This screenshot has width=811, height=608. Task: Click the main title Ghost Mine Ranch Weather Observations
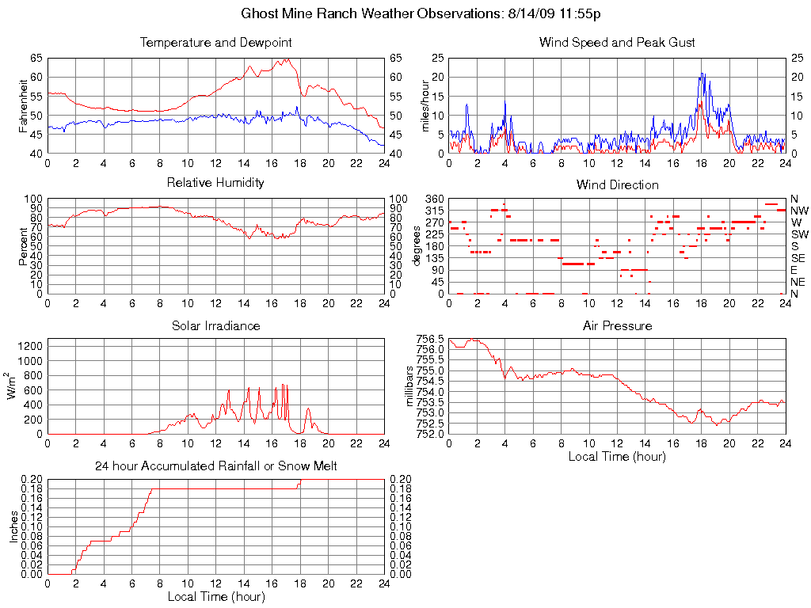(x=421, y=13)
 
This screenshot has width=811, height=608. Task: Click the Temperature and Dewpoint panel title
(x=215, y=42)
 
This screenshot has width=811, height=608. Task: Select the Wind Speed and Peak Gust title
(x=617, y=42)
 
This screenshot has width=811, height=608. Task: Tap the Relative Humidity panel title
(x=215, y=183)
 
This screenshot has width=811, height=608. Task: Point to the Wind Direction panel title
(x=617, y=184)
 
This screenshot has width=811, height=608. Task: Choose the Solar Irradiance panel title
(x=215, y=325)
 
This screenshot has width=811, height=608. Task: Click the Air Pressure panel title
(x=617, y=325)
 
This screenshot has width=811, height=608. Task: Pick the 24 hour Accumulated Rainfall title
(x=215, y=466)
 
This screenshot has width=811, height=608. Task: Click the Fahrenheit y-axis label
(x=24, y=105)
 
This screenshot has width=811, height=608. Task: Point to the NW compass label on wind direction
(x=798, y=211)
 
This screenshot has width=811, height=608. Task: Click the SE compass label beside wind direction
(x=798, y=258)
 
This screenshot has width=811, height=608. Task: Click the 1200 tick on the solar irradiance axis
(x=32, y=346)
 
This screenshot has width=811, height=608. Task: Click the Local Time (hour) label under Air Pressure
(x=617, y=456)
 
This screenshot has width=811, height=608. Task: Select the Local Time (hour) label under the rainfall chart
(x=215, y=596)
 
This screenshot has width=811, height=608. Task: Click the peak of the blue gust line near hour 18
(x=702, y=74)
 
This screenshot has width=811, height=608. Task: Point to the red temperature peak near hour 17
(x=287, y=59)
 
